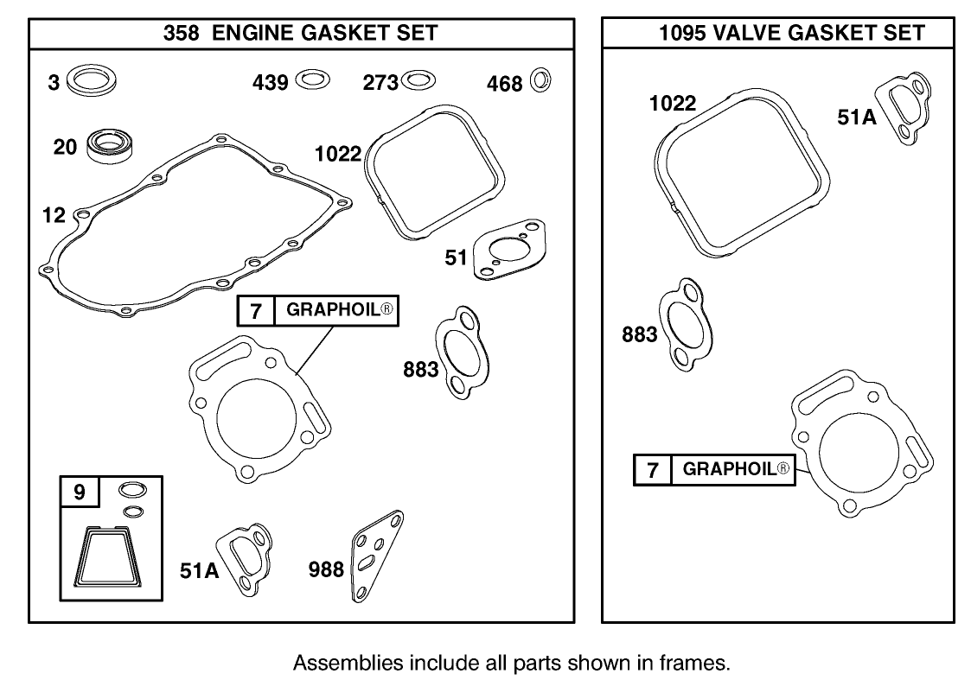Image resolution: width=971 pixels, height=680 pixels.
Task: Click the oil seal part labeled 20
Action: [x=109, y=145]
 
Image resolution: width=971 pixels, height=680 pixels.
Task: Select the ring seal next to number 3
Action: [x=92, y=82]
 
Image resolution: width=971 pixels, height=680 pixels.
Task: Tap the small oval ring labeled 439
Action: [x=312, y=80]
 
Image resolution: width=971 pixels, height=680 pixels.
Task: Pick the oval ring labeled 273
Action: [x=419, y=81]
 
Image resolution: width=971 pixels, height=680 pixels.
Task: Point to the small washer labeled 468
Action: [x=541, y=81]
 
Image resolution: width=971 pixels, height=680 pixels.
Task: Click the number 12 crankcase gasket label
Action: [x=54, y=214]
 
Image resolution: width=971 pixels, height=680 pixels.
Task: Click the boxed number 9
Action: [x=80, y=493]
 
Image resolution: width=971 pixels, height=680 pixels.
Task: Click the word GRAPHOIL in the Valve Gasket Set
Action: [x=730, y=469]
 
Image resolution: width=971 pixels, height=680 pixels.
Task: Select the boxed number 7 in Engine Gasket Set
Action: [x=256, y=311]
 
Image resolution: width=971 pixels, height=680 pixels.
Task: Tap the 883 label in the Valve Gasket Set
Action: [x=640, y=334]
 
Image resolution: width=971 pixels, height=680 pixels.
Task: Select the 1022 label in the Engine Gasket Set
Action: [x=338, y=155]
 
